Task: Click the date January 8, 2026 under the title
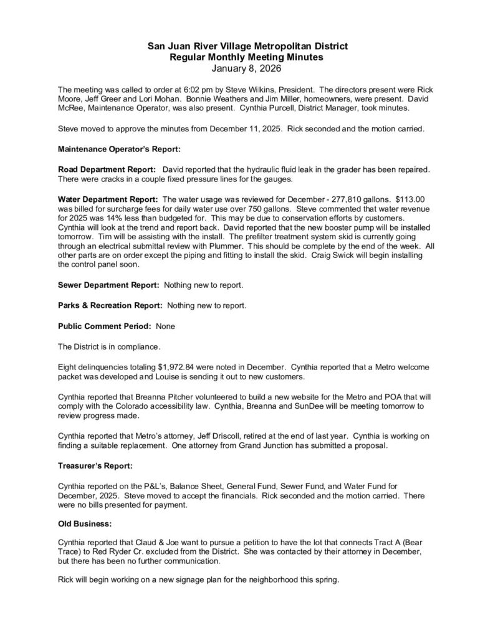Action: [x=246, y=67]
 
